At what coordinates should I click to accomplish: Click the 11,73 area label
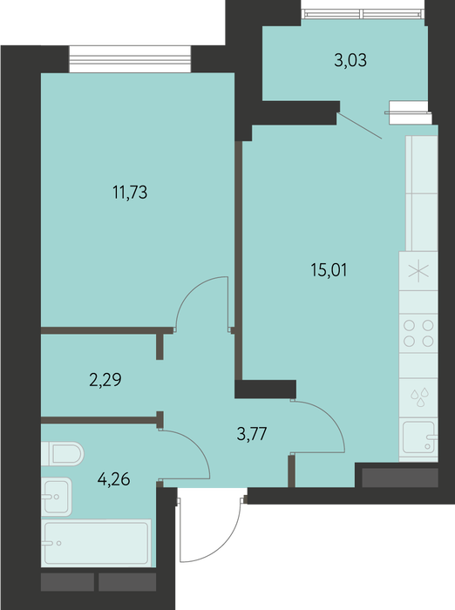(x=130, y=193)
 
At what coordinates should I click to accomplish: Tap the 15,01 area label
(x=329, y=270)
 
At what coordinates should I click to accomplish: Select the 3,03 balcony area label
(x=350, y=61)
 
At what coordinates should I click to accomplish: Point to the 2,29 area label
(x=105, y=380)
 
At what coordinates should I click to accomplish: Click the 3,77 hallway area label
(x=252, y=433)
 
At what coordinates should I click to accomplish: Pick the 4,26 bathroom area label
(x=113, y=479)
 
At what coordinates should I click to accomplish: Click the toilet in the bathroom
(x=62, y=454)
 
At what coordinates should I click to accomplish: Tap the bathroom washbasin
(x=57, y=497)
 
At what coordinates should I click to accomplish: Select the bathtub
(x=96, y=543)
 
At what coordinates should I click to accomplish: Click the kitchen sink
(x=418, y=437)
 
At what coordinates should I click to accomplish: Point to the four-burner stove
(x=418, y=333)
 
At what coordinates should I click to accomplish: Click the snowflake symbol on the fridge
(x=418, y=271)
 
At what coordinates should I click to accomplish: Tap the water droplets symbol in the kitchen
(x=419, y=396)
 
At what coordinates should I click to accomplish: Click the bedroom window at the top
(x=130, y=59)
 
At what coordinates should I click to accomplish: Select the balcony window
(x=363, y=14)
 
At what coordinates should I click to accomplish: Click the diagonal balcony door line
(x=359, y=125)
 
